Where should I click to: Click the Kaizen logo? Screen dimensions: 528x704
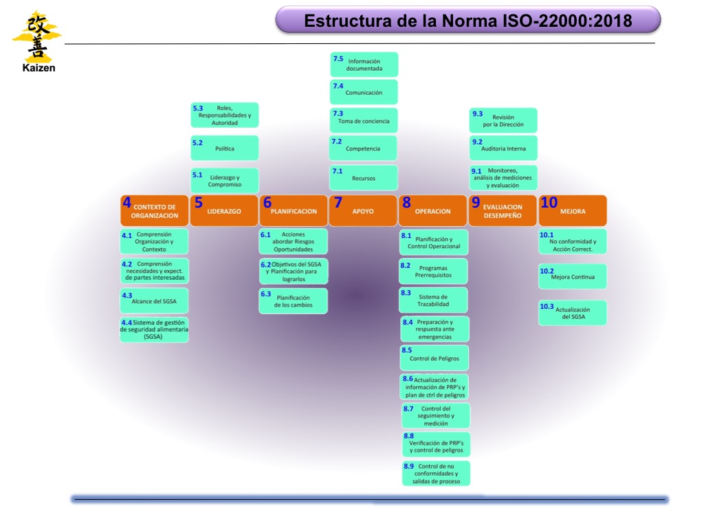(x=36, y=40)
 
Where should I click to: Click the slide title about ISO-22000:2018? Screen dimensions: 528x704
(x=467, y=20)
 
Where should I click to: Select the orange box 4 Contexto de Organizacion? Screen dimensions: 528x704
(x=154, y=210)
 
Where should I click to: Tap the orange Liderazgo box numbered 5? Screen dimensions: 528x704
(x=223, y=210)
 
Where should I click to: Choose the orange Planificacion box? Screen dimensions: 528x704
(x=294, y=210)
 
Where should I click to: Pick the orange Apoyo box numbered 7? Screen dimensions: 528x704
(x=363, y=210)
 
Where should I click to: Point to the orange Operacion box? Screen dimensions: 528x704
(x=433, y=210)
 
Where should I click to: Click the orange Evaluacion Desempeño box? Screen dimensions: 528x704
(x=503, y=210)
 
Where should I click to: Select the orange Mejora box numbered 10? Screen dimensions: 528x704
(x=573, y=210)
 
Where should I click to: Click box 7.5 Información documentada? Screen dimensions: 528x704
(x=364, y=65)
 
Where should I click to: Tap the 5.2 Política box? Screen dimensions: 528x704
(x=224, y=148)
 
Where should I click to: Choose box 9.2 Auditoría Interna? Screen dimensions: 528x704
(x=503, y=148)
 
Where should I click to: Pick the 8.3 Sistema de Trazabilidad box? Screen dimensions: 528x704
(x=434, y=300)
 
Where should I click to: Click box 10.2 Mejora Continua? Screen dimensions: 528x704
(x=573, y=276)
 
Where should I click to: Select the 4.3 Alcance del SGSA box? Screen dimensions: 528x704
(x=154, y=300)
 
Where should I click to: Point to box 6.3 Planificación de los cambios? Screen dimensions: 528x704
(x=294, y=300)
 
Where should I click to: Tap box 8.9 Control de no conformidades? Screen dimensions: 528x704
(x=436, y=474)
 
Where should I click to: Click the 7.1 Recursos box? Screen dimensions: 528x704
(x=364, y=177)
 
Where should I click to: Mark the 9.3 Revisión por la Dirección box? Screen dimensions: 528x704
(x=503, y=120)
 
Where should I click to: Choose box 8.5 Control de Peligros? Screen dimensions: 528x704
(x=434, y=357)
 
